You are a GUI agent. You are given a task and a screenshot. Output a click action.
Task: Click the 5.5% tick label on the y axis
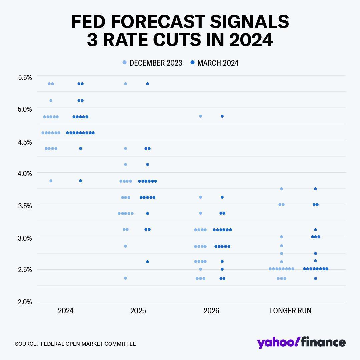[25, 78]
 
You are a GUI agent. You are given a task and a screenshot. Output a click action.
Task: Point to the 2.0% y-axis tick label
[25, 302]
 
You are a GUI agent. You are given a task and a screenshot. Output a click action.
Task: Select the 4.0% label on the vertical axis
[25, 173]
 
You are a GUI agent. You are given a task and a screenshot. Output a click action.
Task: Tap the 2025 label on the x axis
[138, 311]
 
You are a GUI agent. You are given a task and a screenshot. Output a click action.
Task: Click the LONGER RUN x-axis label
[290, 311]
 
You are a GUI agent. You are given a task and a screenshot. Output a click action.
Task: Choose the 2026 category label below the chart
[211, 311]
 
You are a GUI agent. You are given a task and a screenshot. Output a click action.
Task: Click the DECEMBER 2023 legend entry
[152, 63]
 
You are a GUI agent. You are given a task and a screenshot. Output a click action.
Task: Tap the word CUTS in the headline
[177, 40]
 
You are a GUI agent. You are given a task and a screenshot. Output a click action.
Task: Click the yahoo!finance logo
[301, 342]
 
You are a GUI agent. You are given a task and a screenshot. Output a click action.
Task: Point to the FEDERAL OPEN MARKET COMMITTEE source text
[88, 344]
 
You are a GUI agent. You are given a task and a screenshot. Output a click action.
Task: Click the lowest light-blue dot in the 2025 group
[126, 278]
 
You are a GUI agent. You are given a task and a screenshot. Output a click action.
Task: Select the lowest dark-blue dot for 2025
[147, 262]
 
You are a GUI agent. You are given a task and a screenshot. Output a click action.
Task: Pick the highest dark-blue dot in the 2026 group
[222, 116]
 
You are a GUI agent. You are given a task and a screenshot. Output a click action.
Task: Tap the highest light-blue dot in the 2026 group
[200, 116]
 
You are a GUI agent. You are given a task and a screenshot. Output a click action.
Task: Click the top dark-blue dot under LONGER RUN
[315, 189]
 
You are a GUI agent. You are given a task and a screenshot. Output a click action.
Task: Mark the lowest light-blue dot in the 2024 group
[51, 181]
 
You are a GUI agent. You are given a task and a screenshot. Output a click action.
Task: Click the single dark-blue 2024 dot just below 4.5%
[80, 148]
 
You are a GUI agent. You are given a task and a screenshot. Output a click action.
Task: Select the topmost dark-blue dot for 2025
[147, 84]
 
